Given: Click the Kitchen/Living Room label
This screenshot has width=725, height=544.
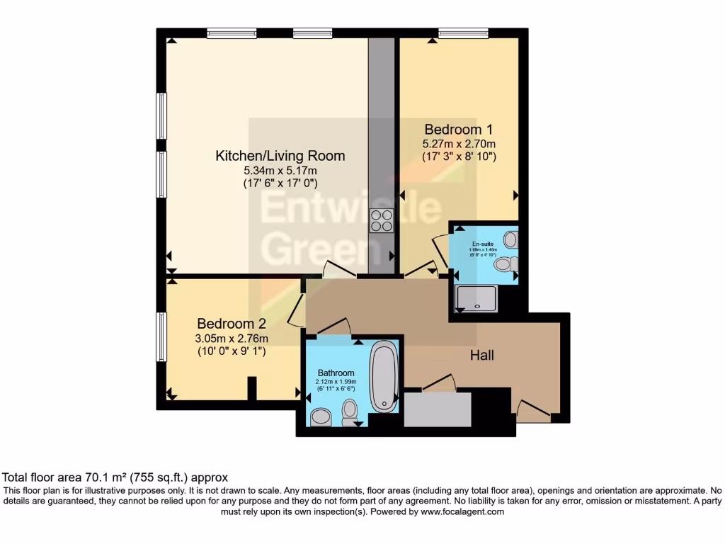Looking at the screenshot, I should tap(280, 156).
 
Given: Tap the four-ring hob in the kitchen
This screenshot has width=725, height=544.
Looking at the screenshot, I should tap(382, 221).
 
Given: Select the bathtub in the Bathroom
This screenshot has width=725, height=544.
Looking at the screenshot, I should tap(384, 377).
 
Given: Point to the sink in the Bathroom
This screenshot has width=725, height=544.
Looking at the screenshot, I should tap(321, 417).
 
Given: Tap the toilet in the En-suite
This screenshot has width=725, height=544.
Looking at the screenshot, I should tap(506, 264).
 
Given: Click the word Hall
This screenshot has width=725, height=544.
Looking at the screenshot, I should tap(482, 356).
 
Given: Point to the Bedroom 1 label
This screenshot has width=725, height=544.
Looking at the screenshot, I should tap(458, 130).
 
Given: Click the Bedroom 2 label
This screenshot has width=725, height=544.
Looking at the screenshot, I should tap(232, 323).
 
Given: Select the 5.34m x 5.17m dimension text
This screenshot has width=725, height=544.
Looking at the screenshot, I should tap(280, 170).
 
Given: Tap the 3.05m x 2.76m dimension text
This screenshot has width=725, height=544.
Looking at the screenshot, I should tap(232, 337).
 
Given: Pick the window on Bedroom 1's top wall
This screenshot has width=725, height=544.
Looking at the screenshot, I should tap(463, 33).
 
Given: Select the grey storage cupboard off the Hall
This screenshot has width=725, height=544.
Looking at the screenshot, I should tap(438, 409).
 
